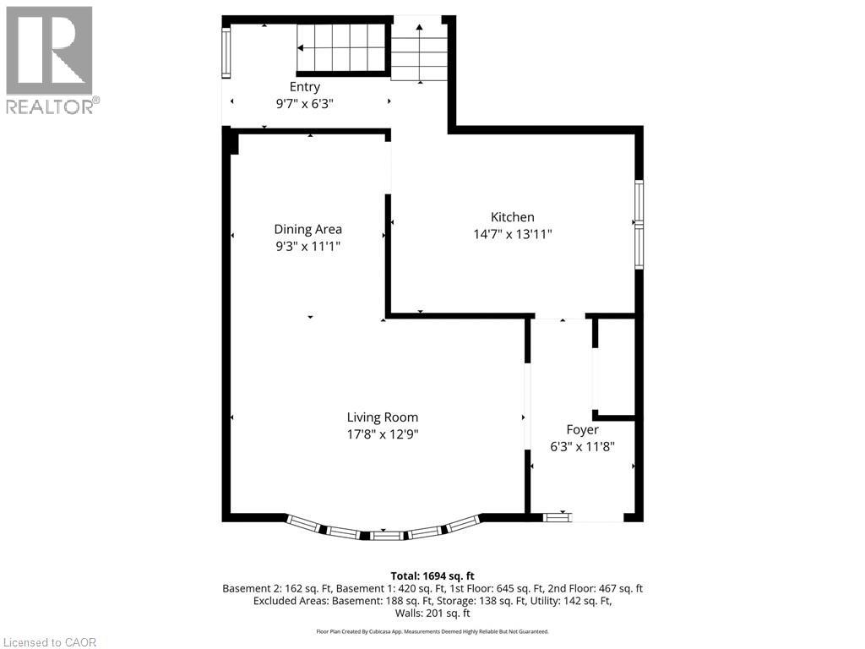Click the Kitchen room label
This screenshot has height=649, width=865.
point(513,217)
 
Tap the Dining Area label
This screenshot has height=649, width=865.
point(307,229)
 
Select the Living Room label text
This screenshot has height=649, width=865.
point(382,417)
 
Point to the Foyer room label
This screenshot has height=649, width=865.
point(582,430)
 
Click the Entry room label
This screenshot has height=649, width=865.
point(305,87)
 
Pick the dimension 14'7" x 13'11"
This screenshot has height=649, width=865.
point(513,235)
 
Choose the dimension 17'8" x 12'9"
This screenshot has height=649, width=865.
point(382,434)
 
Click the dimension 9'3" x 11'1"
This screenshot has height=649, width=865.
point(307,246)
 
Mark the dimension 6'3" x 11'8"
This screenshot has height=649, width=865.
point(582,447)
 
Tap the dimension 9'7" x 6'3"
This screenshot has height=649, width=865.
point(305,104)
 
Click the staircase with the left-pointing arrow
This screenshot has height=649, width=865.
point(341,49)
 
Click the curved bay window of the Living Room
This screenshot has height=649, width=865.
point(384,532)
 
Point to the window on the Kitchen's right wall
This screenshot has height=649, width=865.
point(639,224)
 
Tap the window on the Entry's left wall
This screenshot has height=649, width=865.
point(226,52)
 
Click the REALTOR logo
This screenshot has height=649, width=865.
point(50,59)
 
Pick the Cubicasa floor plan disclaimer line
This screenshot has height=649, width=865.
point(432,631)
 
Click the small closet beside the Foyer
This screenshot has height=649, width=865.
point(615,368)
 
